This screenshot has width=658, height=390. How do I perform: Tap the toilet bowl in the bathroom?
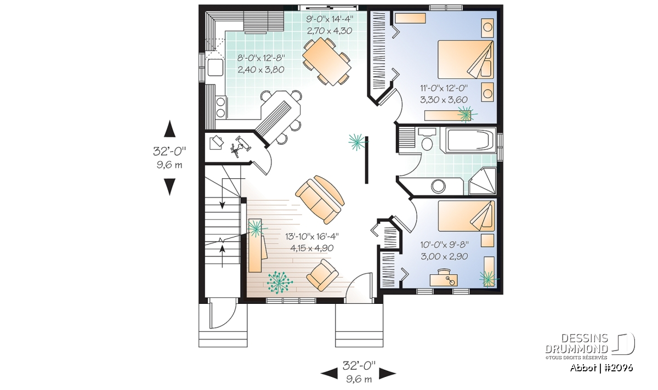point(427,141)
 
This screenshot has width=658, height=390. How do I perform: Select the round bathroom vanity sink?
point(438,186)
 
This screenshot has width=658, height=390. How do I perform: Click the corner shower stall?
point(482,182)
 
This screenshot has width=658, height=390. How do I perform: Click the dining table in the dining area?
point(327,62)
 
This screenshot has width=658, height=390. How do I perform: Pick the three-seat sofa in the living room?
point(320,199)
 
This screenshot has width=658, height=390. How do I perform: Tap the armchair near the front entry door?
point(322,275)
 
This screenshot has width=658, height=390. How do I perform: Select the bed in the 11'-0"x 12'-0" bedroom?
point(466,60)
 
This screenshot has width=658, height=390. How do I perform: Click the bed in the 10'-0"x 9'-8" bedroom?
point(467,216)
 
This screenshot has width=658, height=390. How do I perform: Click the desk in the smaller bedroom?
point(444,280)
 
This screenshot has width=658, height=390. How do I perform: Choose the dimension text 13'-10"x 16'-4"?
point(312,236)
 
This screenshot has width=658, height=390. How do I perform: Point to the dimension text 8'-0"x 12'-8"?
point(261,58)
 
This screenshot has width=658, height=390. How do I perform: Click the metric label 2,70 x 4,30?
point(330,31)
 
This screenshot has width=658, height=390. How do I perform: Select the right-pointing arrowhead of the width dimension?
point(388,374)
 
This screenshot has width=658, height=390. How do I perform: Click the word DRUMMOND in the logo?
point(576,349)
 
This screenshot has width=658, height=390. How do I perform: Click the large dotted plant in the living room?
point(280,282)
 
